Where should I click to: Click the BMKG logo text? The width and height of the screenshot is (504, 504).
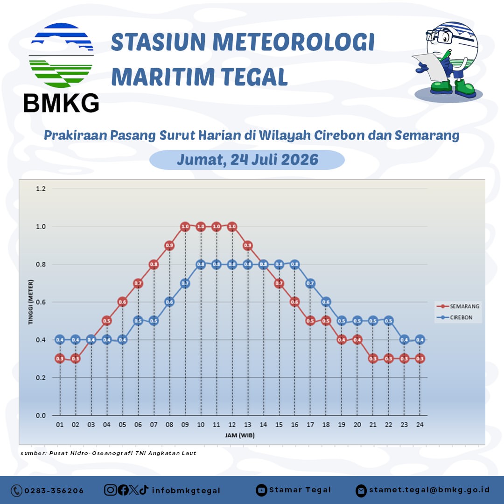tap(61, 103)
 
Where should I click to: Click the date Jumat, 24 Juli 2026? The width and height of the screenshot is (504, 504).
tap(247, 160)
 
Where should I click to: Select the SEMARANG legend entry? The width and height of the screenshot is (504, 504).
tap(458, 306)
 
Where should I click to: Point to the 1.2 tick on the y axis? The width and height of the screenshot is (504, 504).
tap(41, 189)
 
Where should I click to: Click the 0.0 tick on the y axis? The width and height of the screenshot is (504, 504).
tap(41, 416)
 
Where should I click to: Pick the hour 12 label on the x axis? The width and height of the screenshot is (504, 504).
tap(232, 425)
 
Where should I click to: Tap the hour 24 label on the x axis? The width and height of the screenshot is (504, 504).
tap(420, 425)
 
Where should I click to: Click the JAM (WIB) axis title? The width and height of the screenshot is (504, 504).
tap(240, 435)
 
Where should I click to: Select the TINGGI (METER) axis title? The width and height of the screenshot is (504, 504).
tap(30, 302)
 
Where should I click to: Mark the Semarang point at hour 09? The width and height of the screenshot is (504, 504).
tap(185, 227)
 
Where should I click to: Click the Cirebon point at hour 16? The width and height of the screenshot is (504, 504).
tap(295, 265)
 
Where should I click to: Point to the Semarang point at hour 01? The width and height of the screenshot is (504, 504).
tap(60, 359)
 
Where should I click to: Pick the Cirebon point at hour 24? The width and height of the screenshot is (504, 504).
tap(420, 340)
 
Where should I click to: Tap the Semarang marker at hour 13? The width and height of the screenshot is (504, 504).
tap(247, 245)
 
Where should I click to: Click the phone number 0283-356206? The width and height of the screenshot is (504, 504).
tap(54, 491)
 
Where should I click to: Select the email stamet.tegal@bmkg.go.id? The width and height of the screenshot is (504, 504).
tap(429, 490)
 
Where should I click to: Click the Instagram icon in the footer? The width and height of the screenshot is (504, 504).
tap(110, 490)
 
